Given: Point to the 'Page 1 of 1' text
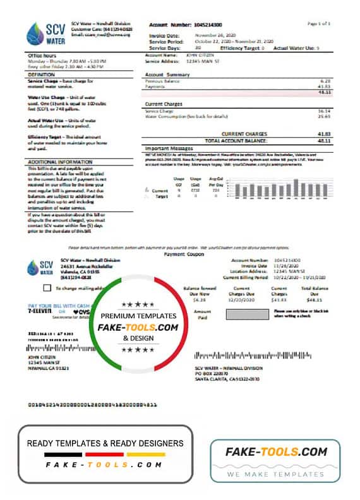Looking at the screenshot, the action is (319, 23).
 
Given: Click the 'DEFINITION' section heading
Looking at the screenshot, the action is (42, 74).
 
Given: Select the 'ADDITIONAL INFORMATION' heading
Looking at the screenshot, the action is (56, 162).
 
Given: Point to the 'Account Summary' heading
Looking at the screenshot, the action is (163, 74).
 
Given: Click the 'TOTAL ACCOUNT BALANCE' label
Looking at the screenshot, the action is (234, 140).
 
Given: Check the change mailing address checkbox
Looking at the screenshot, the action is (39, 288).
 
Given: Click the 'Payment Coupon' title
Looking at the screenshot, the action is (179, 254).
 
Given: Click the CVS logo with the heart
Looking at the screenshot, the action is (81, 312).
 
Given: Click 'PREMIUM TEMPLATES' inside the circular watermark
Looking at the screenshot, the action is (138, 316).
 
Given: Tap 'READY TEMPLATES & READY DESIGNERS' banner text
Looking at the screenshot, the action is (105, 443).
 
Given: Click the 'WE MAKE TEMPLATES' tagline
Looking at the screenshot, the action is (275, 473).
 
